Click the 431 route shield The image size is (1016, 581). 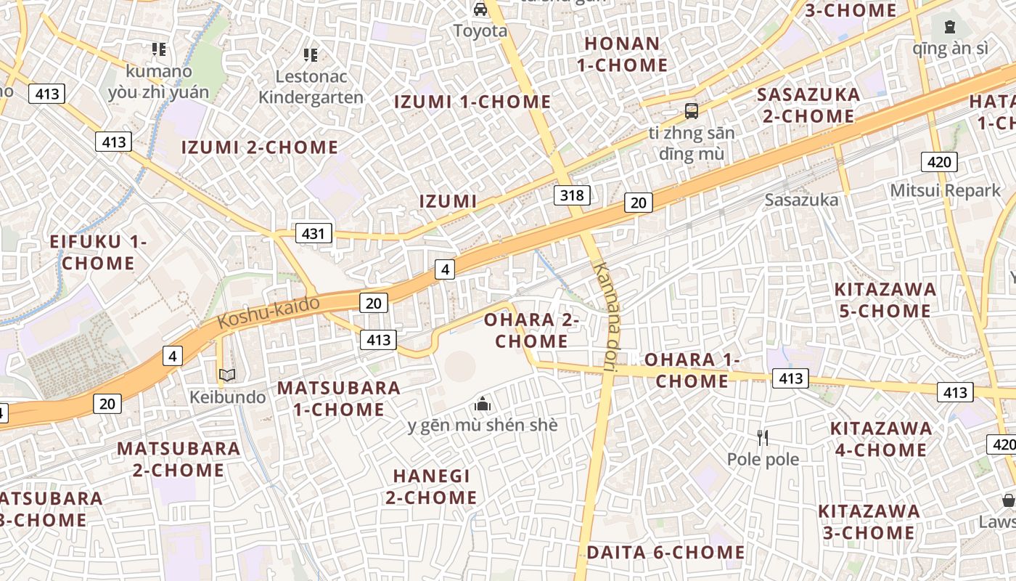pos(314,233)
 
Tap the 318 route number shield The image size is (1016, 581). pos(572,195)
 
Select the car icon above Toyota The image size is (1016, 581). pos(480,9)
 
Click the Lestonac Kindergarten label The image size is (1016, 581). pos(311,86)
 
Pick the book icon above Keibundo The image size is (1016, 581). pos(227,375)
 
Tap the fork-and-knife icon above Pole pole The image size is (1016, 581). pos(763,437)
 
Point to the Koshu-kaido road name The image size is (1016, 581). pos(269,312)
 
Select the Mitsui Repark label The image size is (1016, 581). pos(945,190)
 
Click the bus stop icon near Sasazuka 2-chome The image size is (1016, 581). pos(692,111)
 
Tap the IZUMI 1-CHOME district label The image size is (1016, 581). pos(472,102)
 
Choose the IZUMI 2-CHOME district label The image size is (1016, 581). pos(259,147)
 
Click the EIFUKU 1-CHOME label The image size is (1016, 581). pos(98,252)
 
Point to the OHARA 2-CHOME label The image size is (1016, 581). pos(531,330)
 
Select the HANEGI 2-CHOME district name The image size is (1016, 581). pos(431,487)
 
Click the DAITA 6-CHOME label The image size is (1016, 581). pos(665,553)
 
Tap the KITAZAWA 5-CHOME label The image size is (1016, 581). pos(885,300)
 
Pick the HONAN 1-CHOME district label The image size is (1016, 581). pos(622,54)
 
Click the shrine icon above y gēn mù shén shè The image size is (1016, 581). pos(483,404)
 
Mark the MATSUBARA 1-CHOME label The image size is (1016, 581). pos(339,398)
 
